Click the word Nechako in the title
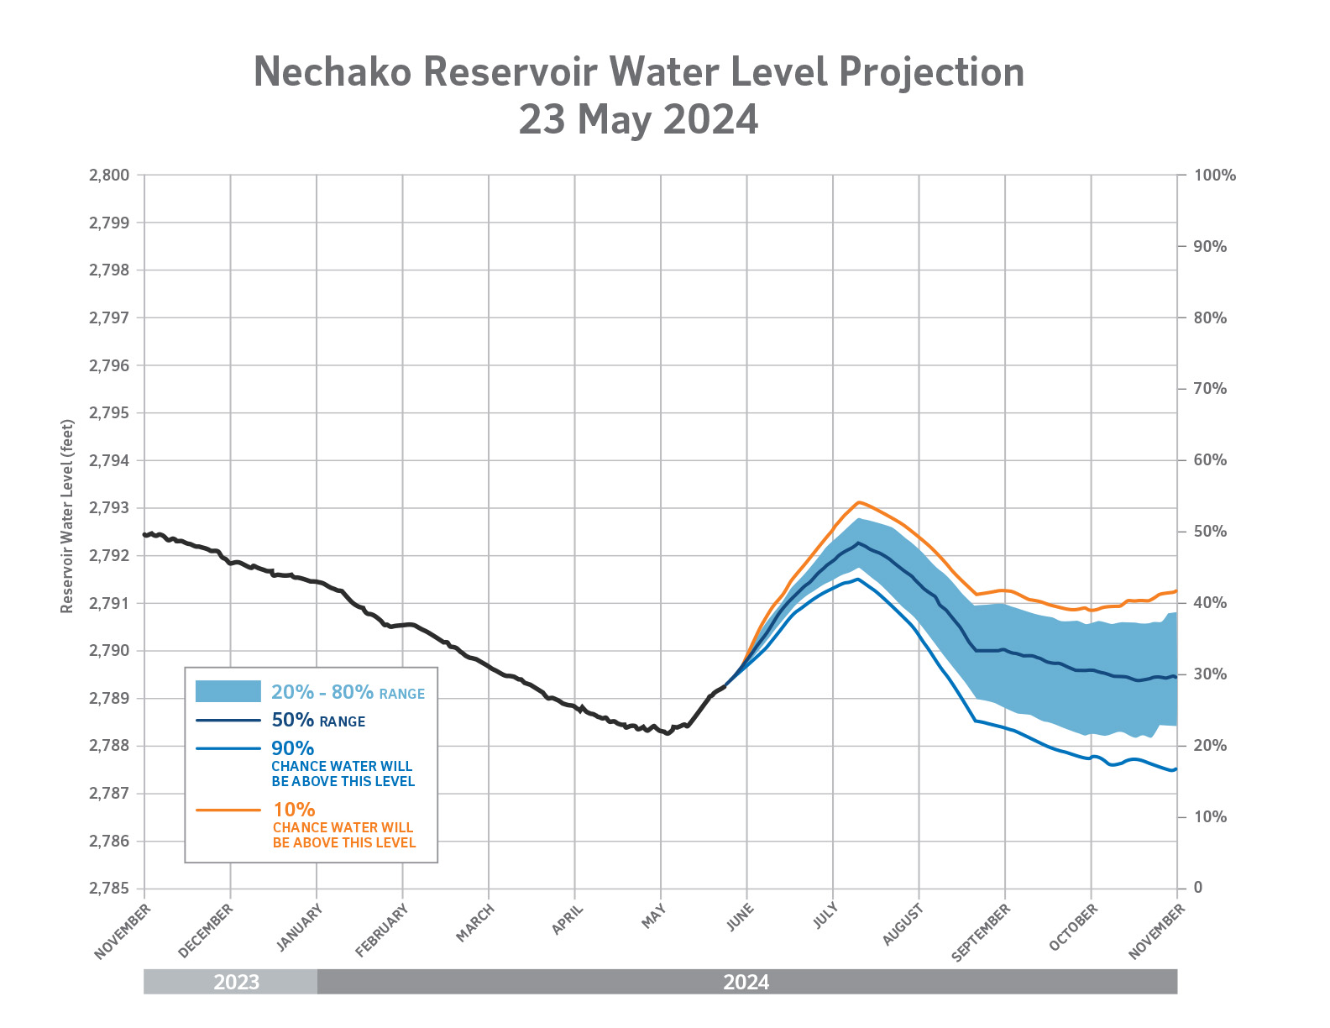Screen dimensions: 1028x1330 coord(332,72)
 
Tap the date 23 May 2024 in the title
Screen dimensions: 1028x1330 coord(638,119)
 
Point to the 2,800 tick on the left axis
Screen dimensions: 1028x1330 coord(109,176)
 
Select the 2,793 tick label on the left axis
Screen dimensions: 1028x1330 coord(109,508)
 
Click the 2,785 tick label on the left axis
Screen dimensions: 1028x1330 coord(109,889)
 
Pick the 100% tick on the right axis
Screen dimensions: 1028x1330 coord(1214,176)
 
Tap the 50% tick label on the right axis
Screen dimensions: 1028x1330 coord(1210,532)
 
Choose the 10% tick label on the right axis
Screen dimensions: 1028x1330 coord(1210,817)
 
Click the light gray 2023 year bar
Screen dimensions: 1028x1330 coord(231,982)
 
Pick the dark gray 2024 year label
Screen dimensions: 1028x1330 coord(746,982)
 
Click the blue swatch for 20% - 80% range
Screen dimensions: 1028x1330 coord(228,691)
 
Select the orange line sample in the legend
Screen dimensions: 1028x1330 coord(228,810)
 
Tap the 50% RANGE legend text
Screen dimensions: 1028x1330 coord(318,720)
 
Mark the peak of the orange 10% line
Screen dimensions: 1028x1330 coord(858,502)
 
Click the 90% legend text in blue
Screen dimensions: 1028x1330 coord(292,747)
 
